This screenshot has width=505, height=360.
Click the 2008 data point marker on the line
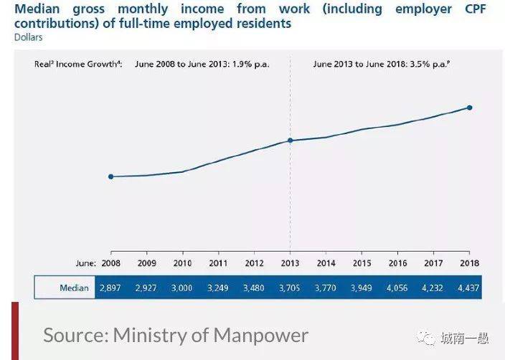[x=110, y=176]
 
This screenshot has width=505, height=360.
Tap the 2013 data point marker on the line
[x=291, y=141]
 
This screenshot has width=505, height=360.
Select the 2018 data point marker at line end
[x=470, y=108]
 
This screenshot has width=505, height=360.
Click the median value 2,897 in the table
[x=110, y=288]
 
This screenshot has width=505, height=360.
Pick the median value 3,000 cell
[x=182, y=288]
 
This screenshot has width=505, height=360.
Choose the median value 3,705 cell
[x=290, y=288]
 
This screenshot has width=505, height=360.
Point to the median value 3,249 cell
[x=218, y=288]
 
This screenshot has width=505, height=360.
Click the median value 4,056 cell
[x=397, y=288]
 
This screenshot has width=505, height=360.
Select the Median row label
[x=74, y=288]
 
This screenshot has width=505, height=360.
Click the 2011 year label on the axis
[x=218, y=263]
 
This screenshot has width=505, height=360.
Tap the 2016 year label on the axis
[x=397, y=263]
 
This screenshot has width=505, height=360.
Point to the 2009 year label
[x=146, y=263]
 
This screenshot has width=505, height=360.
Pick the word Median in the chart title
[x=41, y=9]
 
